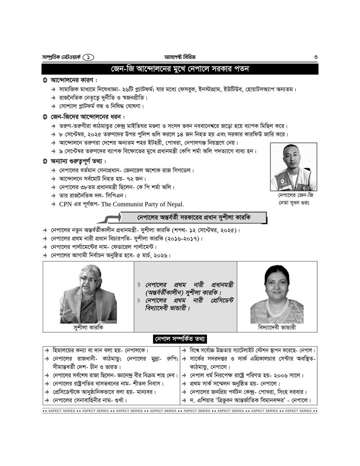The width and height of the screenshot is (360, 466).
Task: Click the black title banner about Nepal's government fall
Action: [180, 69]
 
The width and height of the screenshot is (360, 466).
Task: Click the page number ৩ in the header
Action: [316, 57]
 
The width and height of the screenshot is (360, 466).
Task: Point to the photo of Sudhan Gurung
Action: [293, 167]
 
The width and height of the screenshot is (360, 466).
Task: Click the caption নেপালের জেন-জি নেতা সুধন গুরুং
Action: [293, 199]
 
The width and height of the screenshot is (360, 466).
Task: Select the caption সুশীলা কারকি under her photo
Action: [88, 328]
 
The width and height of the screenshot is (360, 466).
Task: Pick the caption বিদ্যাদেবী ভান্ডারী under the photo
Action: [277, 328]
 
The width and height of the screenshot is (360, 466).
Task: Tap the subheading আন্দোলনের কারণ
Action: [74, 80]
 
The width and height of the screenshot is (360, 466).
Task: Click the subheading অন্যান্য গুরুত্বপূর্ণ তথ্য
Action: [78, 161]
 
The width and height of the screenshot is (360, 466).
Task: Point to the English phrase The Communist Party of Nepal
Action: [142, 204]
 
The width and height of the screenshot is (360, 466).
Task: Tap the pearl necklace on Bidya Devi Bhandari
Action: [277, 308]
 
